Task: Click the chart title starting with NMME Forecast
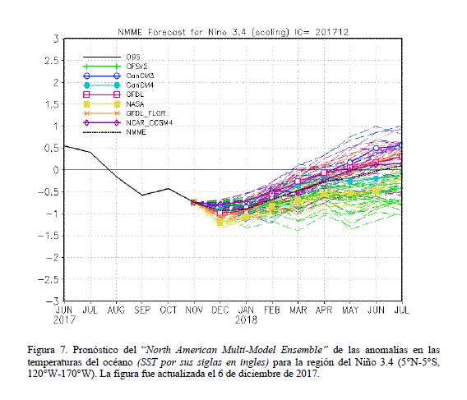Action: pyautogui.click(x=233, y=32)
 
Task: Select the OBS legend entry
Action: pyautogui.click(x=133, y=57)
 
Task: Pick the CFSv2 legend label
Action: pyautogui.click(x=136, y=67)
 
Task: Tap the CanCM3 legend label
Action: pyautogui.click(x=140, y=76)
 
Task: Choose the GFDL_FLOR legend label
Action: pyautogui.click(x=146, y=113)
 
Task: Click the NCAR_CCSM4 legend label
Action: pyautogui.click(x=149, y=123)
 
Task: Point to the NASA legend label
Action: pyautogui.click(x=135, y=104)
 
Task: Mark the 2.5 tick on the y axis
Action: pyautogui.click(x=52, y=61)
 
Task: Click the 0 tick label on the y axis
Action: pyautogui.click(x=56, y=170)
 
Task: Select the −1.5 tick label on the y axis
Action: pyautogui.click(x=49, y=236)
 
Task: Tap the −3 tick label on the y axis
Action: pyautogui.click(x=53, y=301)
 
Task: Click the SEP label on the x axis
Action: pyautogui.click(x=142, y=310)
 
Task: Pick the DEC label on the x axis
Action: pyautogui.click(x=220, y=310)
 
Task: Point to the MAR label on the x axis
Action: pyautogui.click(x=298, y=310)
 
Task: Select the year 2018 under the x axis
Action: pyautogui.click(x=246, y=320)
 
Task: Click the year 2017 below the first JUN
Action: pyautogui.click(x=64, y=320)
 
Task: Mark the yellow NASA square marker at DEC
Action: pyautogui.click(x=220, y=223)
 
